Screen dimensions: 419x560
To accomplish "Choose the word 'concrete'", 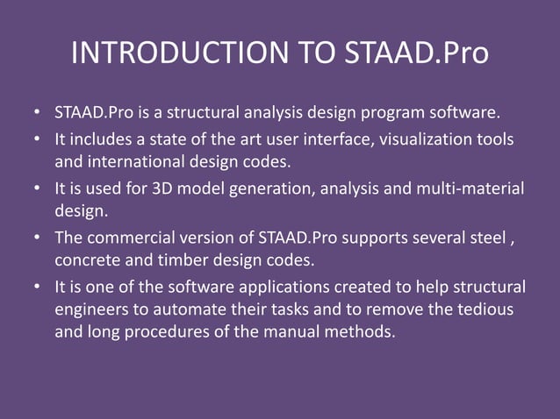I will point(85,260).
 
